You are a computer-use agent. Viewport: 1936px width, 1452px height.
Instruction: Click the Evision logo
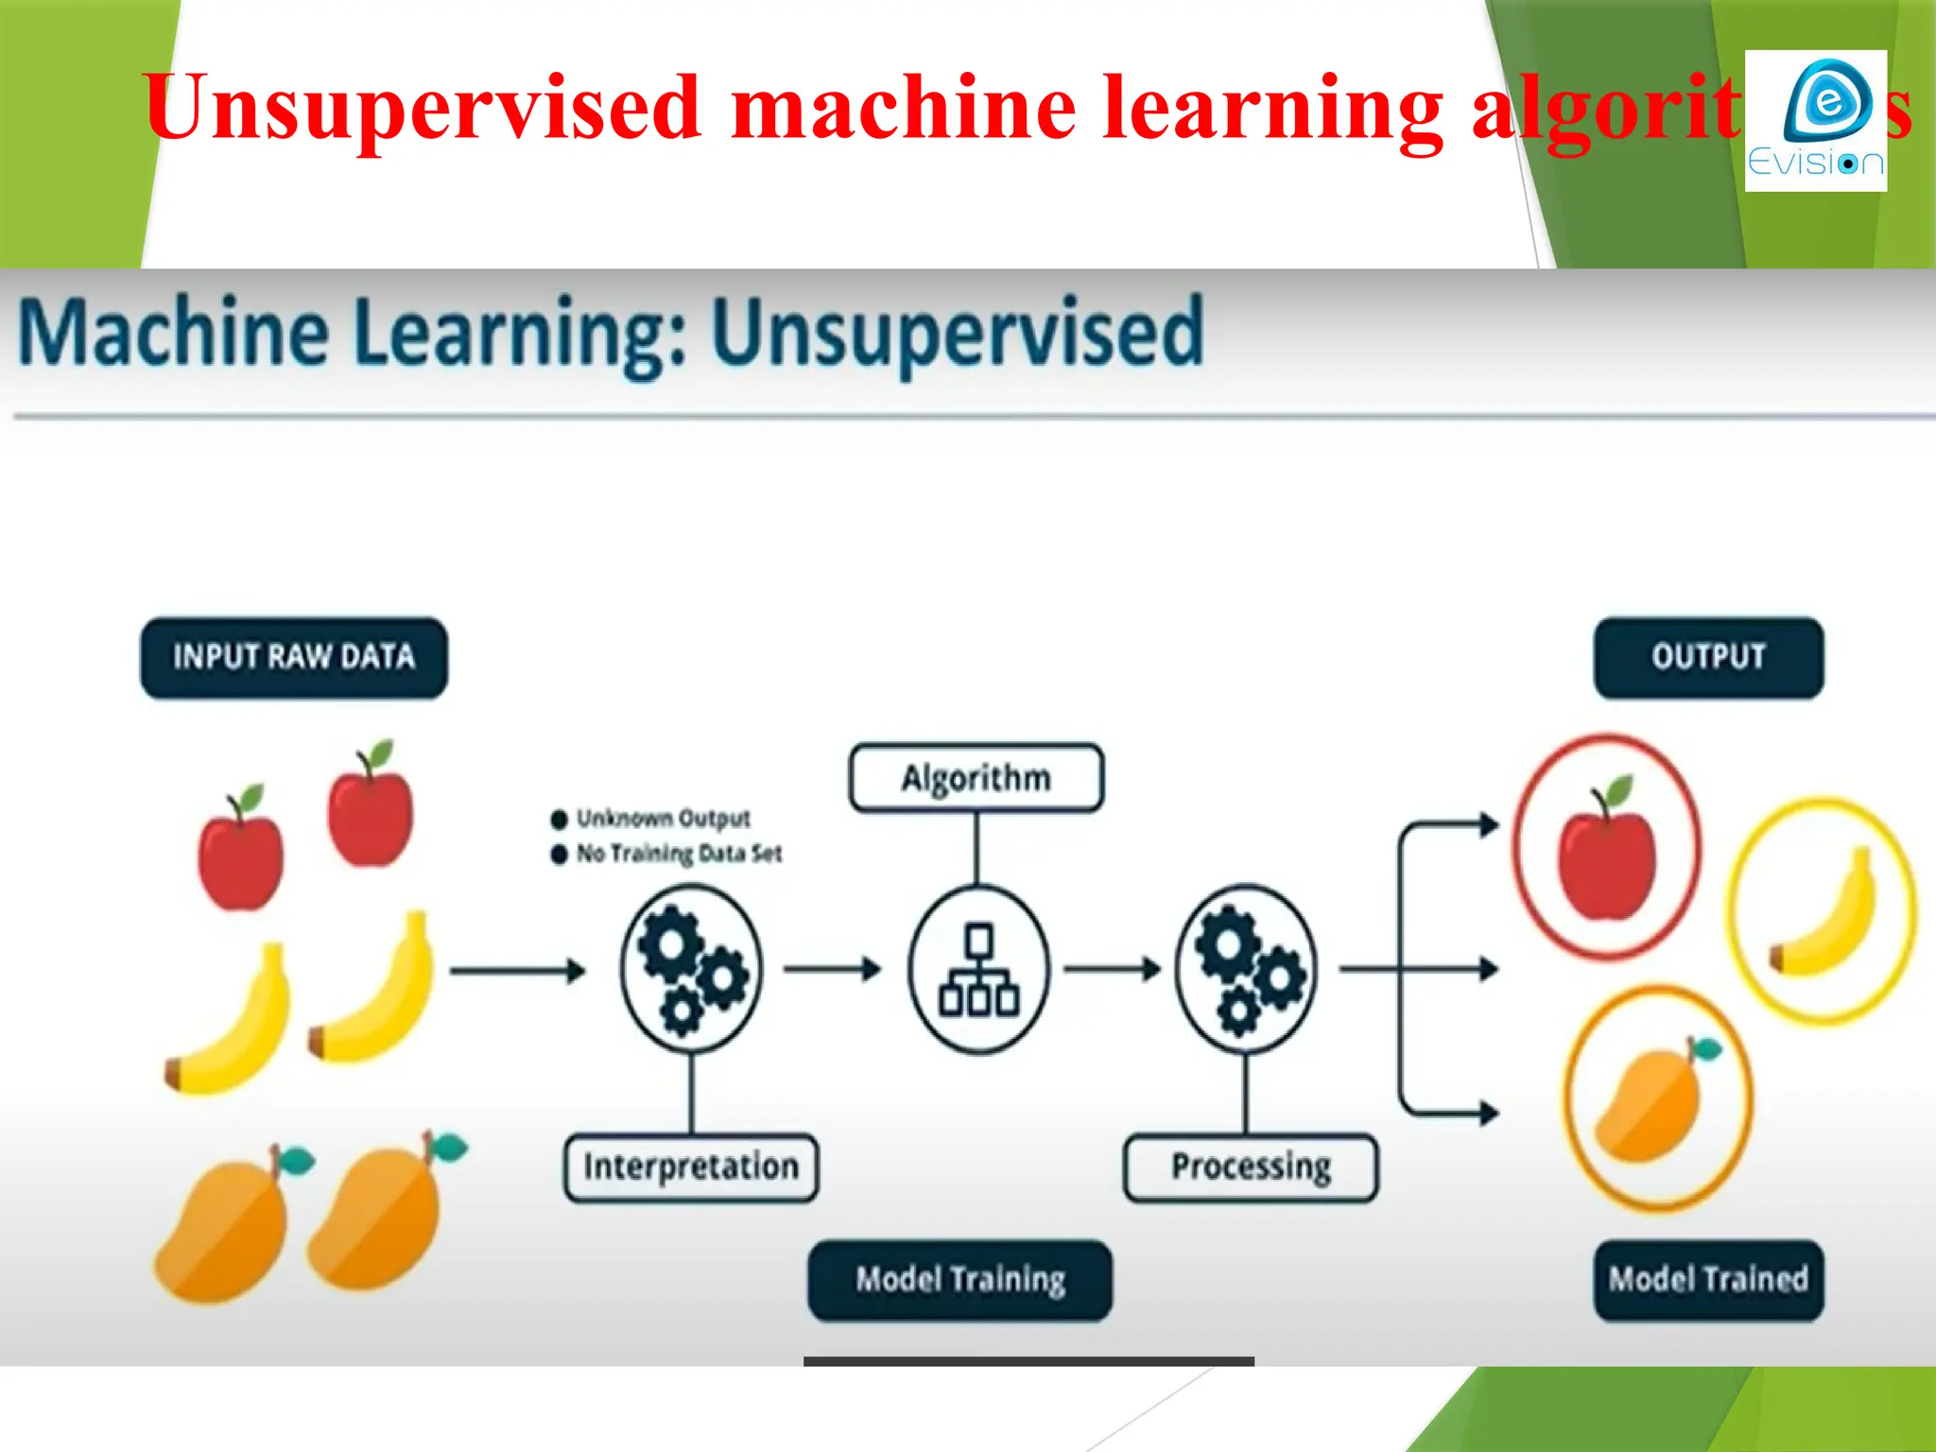point(1815,121)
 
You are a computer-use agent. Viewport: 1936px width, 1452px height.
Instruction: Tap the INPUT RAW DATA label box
point(294,658)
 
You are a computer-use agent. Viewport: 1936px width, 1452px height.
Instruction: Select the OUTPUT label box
point(1708,658)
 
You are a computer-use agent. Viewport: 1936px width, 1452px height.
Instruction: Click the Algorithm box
point(976,778)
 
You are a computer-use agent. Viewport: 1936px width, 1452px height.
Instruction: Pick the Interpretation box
point(691,1167)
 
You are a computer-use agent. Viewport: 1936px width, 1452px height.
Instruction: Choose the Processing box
point(1251,1167)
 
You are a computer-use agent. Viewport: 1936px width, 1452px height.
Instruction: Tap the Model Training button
point(959,1280)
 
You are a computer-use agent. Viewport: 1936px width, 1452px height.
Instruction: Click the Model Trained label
point(1708,1280)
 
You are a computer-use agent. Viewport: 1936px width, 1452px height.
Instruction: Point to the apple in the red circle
point(1607,851)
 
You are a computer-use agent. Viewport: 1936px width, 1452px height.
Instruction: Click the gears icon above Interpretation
point(691,969)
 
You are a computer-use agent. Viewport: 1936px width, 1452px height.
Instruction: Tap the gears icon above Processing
point(1246,969)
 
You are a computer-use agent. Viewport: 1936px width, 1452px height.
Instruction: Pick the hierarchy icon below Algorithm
point(978,969)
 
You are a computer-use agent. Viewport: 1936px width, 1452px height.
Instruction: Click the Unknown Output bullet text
point(662,818)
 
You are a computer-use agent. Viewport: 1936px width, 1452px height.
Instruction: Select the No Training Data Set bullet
point(678,854)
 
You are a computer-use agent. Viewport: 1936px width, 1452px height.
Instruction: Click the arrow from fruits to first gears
point(517,971)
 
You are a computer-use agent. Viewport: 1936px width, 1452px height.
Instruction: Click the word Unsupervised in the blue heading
point(957,333)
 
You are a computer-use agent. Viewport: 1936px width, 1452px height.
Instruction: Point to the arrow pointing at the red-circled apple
point(1456,825)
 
